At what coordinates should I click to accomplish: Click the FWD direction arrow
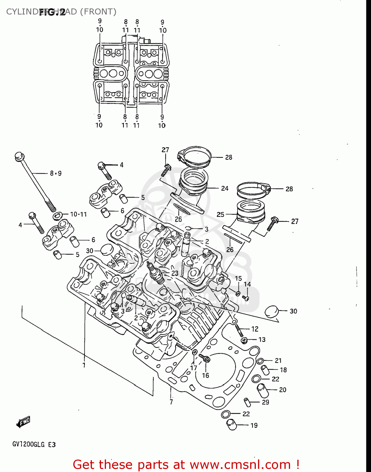[23, 422]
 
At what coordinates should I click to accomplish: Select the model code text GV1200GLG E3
[34, 444]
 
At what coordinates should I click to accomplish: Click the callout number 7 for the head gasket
[171, 402]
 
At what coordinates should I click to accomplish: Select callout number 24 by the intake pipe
[224, 188]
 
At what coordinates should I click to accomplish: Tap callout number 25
[220, 214]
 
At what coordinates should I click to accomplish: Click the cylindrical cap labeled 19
[232, 424]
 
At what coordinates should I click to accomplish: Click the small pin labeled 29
[247, 402]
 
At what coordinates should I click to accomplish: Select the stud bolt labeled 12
[239, 330]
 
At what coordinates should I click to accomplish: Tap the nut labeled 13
[244, 340]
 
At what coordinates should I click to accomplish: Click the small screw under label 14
[245, 298]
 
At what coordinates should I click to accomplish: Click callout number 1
[84, 365]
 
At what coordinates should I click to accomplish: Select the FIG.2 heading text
[52, 12]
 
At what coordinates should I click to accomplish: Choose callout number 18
[283, 370]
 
